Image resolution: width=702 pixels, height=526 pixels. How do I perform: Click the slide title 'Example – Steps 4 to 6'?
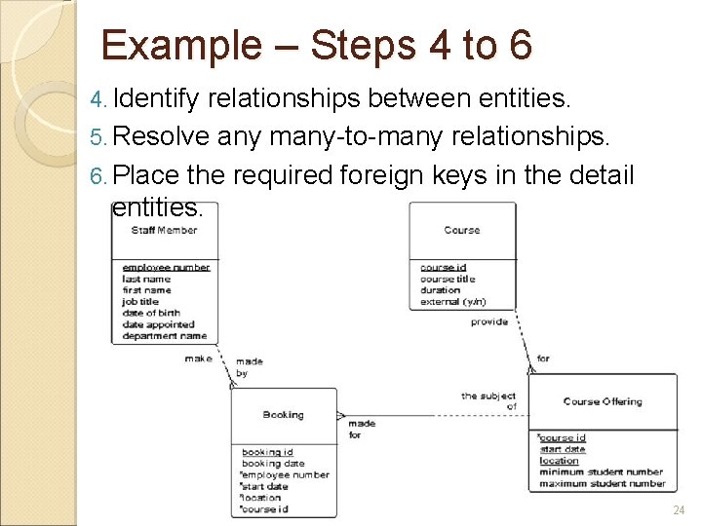(x=316, y=46)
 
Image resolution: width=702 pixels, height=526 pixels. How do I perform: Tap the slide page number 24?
(x=679, y=510)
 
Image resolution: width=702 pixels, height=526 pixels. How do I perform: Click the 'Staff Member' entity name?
(x=164, y=230)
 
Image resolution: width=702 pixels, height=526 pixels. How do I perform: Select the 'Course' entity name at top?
(x=461, y=230)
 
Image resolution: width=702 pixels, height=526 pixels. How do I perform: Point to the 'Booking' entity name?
(x=283, y=415)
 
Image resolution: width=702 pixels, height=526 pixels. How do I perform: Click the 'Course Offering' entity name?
(x=603, y=401)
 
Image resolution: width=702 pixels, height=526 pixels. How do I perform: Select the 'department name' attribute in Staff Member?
(x=165, y=336)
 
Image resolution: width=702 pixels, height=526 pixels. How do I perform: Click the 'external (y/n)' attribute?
(x=453, y=302)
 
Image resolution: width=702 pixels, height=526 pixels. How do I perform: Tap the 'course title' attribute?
(x=448, y=279)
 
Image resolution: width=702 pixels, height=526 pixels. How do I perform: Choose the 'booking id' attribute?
(x=267, y=452)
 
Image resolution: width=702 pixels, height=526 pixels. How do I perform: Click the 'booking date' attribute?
(x=273, y=464)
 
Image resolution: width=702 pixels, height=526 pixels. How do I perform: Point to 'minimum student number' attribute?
(x=601, y=472)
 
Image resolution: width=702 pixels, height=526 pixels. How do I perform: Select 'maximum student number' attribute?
(x=602, y=484)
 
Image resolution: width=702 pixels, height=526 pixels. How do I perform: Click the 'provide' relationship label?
(x=489, y=321)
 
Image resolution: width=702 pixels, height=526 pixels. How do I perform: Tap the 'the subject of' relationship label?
(x=488, y=401)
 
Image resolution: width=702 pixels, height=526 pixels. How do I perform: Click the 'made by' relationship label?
(x=249, y=367)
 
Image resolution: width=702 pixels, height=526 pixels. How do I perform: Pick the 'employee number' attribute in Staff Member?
(x=166, y=267)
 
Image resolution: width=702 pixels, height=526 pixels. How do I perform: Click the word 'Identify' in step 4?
(x=156, y=97)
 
